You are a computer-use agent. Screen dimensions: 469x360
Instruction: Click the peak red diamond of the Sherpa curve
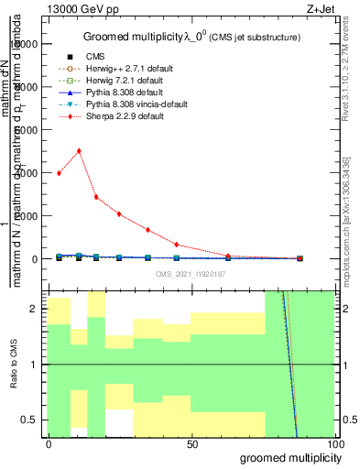[79, 151]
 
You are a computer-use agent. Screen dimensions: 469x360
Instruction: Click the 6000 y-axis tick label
[27, 130]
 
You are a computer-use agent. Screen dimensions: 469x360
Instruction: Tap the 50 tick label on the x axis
[192, 444]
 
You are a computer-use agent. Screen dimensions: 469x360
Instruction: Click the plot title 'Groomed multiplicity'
[138, 37]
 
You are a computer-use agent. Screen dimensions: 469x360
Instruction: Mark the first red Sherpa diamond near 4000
[60, 173]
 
